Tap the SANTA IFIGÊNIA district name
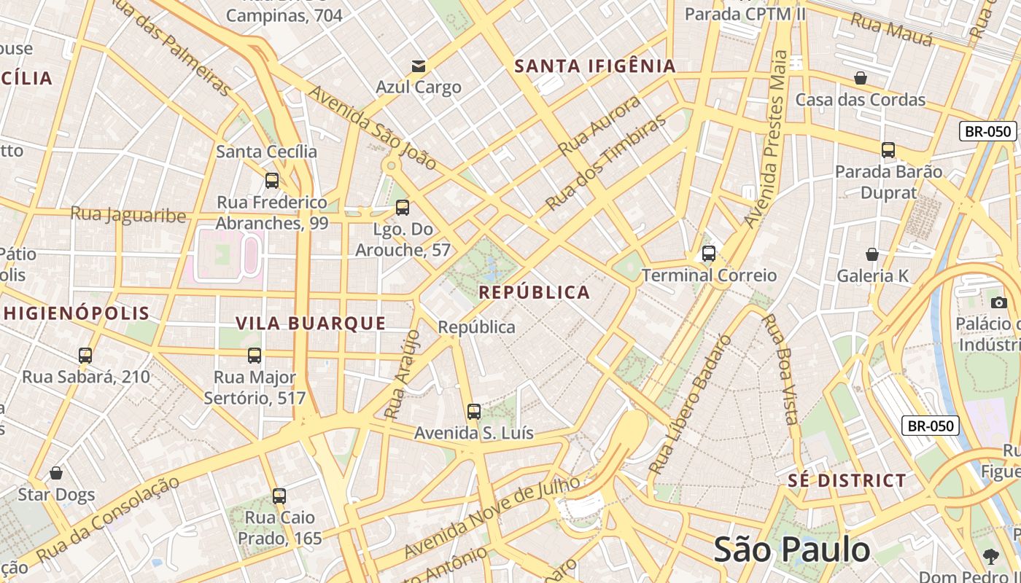tap(595, 66)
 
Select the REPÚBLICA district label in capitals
tap(535, 293)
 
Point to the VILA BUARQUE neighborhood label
tap(311, 324)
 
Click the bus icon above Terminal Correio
tap(708, 254)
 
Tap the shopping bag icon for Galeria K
tap(872, 254)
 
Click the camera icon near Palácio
tap(999, 302)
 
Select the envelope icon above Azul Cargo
tap(419, 66)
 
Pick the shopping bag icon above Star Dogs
tap(56, 474)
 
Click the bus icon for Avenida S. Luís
tap(474, 412)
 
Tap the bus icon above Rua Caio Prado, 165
tap(279, 496)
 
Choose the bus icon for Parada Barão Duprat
tap(888, 150)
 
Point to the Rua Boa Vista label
tap(780, 368)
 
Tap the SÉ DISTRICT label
tap(847, 481)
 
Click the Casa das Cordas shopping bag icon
tap(861, 78)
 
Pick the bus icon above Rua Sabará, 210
tap(85, 356)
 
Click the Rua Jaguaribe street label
tap(128, 215)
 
